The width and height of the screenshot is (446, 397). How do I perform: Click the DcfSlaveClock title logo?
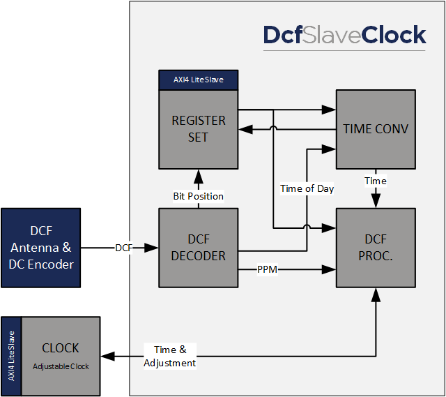click(x=344, y=36)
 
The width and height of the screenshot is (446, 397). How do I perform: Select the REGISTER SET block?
click(x=199, y=129)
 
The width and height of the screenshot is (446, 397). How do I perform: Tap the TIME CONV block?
click(x=376, y=129)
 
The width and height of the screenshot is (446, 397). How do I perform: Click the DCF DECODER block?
click(x=199, y=248)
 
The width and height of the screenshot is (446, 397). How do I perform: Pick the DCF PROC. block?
click(x=376, y=248)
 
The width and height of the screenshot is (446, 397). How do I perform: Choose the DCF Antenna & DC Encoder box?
click(x=41, y=247)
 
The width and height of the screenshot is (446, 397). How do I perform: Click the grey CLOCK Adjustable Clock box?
click(x=61, y=357)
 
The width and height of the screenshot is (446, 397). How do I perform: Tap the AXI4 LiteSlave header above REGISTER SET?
click(x=199, y=80)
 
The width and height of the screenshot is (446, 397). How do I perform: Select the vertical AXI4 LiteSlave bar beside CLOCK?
click(x=11, y=357)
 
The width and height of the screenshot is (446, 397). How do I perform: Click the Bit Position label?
click(x=199, y=196)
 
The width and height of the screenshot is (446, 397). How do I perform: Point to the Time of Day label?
click(x=307, y=188)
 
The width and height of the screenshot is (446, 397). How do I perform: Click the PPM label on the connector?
click(x=268, y=269)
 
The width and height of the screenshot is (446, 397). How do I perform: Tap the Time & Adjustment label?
click(x=169, y=356)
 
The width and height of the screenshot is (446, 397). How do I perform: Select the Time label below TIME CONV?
click(x=376, y=181)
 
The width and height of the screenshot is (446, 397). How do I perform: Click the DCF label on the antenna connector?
click(x=124, y=248)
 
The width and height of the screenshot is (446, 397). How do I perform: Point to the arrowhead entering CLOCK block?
click(x=107, y=357)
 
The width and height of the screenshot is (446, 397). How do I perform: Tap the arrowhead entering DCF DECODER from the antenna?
click(x=152, y=248)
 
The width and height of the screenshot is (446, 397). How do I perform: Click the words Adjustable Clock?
click(x=61, y=366)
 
